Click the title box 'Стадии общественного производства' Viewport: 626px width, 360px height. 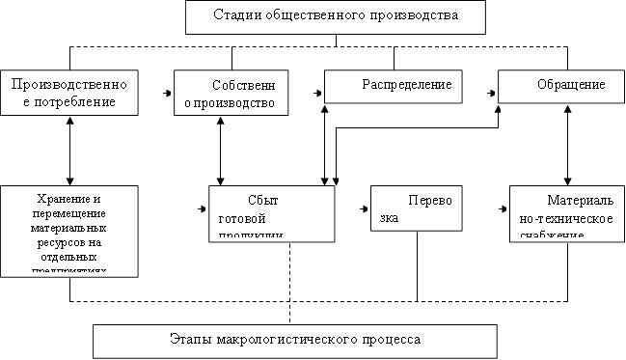(x=336, y=16)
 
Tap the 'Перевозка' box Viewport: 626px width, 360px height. (x=416, y=210)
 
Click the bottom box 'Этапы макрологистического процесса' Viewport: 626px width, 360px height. (x=295, y=340)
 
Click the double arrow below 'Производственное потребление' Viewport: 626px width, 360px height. (x=68, y=149)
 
